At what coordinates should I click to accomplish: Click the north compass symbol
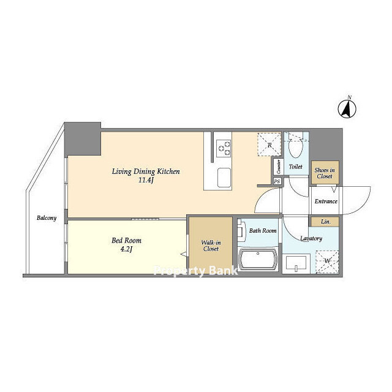click(347, 108)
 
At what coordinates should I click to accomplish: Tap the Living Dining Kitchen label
click(146, 171)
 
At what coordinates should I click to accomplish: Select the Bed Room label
click(126, 241)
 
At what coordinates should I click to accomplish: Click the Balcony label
click(47, 218)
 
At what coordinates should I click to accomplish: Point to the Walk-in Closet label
click(211, 246)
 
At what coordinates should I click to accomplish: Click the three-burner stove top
click(224, 148)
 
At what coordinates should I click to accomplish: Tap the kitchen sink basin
click(224, 178)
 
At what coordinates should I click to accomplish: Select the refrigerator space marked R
click(269, 145)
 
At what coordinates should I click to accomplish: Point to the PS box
click(277, 181)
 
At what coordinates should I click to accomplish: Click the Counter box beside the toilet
click(278, 167)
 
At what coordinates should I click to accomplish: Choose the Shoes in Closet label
click(325, 173)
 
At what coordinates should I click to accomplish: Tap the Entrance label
click(326, 202)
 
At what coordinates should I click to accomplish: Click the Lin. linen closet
click(325, 222)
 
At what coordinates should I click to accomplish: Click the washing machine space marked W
click(327, 262)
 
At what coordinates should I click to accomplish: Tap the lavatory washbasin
click(296, 263)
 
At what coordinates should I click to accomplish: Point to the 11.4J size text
click(146, 180)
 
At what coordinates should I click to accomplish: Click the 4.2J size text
click(126, 249)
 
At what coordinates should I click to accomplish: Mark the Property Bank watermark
click(196, 271)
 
